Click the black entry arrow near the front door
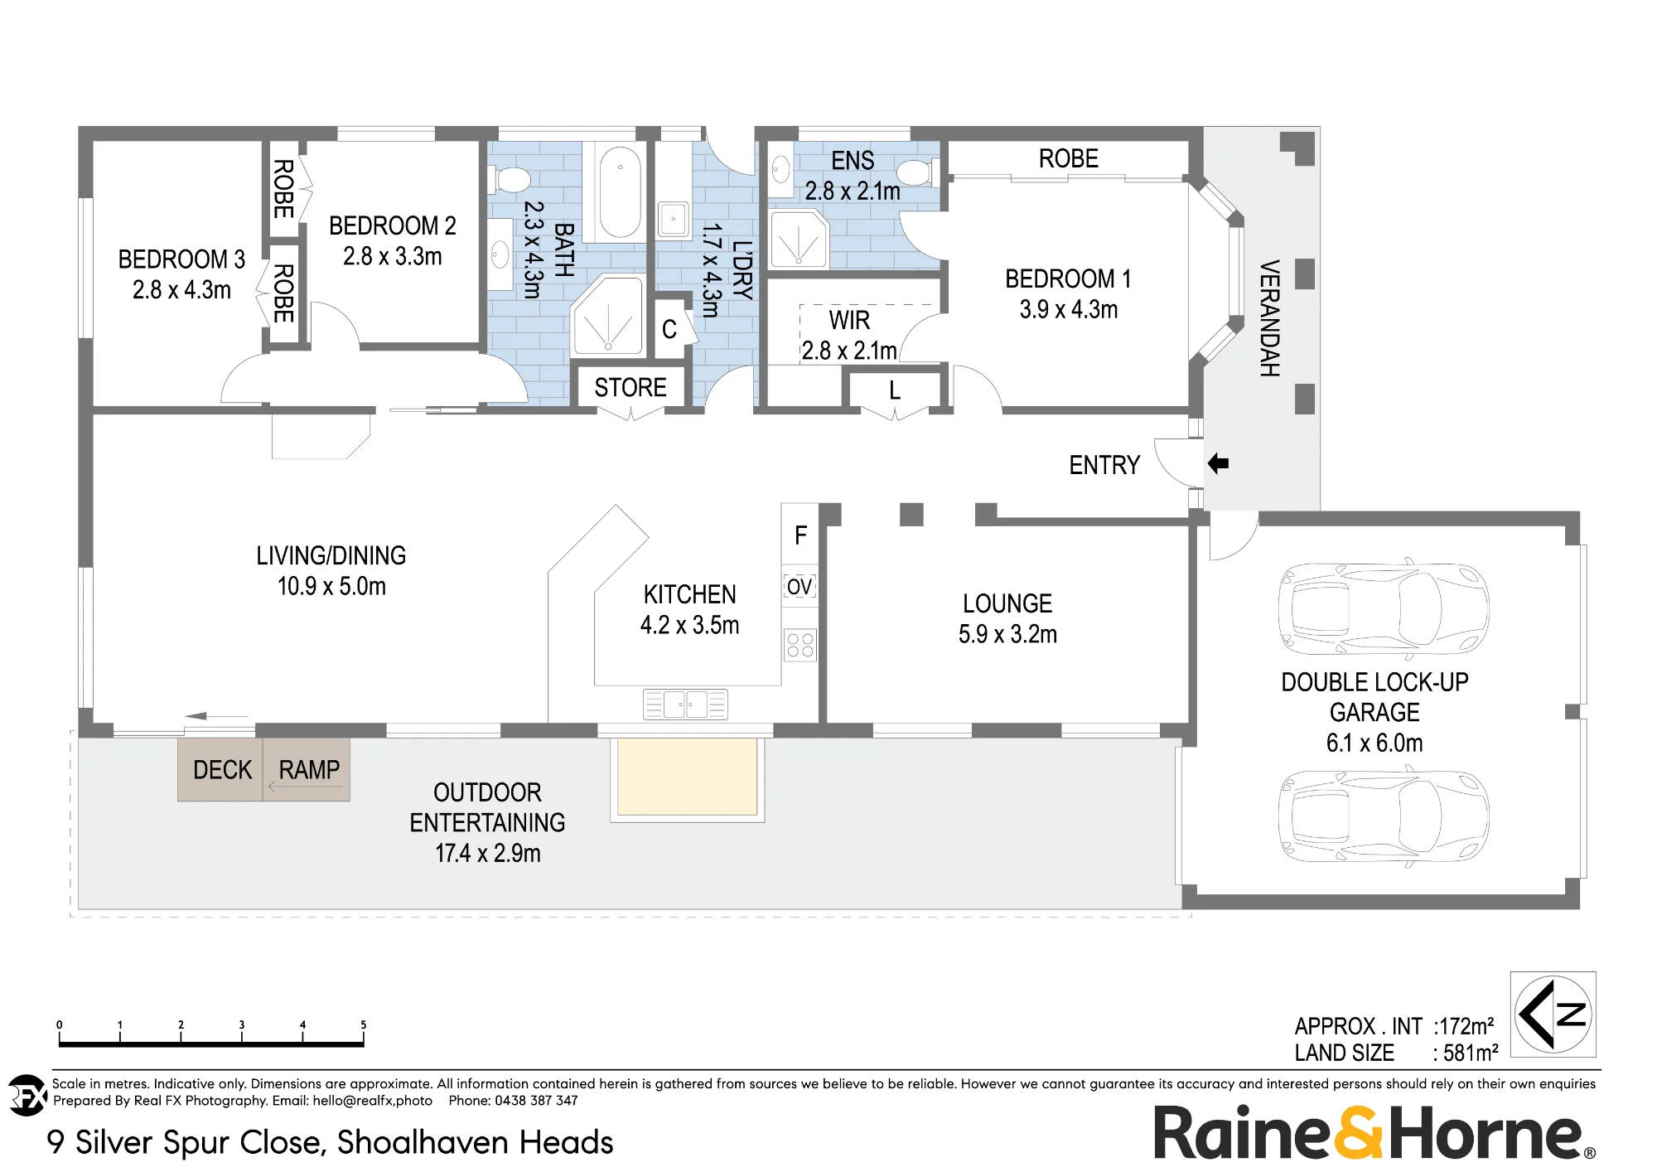(1218, 463)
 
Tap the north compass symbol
(1553, 1014)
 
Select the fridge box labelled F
(800, 535)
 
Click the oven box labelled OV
(800, 587)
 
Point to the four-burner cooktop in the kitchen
(800, 646)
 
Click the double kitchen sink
(685, 705)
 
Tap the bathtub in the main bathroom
(620, 192)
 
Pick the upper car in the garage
(1384, 608)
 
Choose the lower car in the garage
(1384, 816)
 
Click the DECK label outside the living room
(222, 770)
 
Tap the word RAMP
(309, 770)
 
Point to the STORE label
(630, 387)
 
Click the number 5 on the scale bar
(363, 1025)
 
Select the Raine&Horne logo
(1375, 1132)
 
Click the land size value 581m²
(1471, 1053)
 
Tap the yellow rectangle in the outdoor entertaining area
(687, 777)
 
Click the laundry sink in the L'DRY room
(674, 220)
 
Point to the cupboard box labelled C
(670, 329)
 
